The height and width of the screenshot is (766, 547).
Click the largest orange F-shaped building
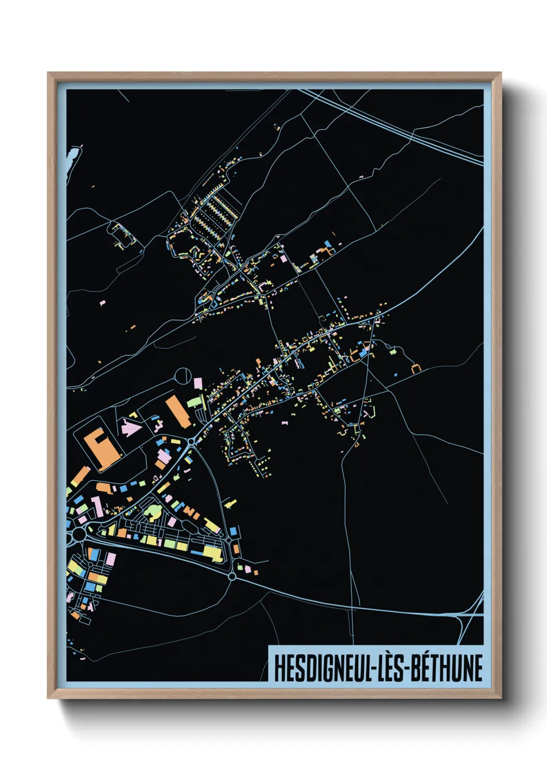pyautogui.click(x=101, y=447)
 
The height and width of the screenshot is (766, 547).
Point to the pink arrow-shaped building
pyautogui.click(x=131, y=428)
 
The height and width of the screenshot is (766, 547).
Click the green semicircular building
pyautogui.click(x=153, y=513)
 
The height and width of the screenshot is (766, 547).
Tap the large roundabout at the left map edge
pyautogui.click(x=79, y=533)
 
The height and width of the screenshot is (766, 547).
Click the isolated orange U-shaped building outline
pyautogui.click(x=416, y=368)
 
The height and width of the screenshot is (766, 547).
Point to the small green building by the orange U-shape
pyautogui.click(x=393, y=351)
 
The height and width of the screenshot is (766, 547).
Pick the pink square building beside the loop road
pyautogui.click(x=197, y=383)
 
